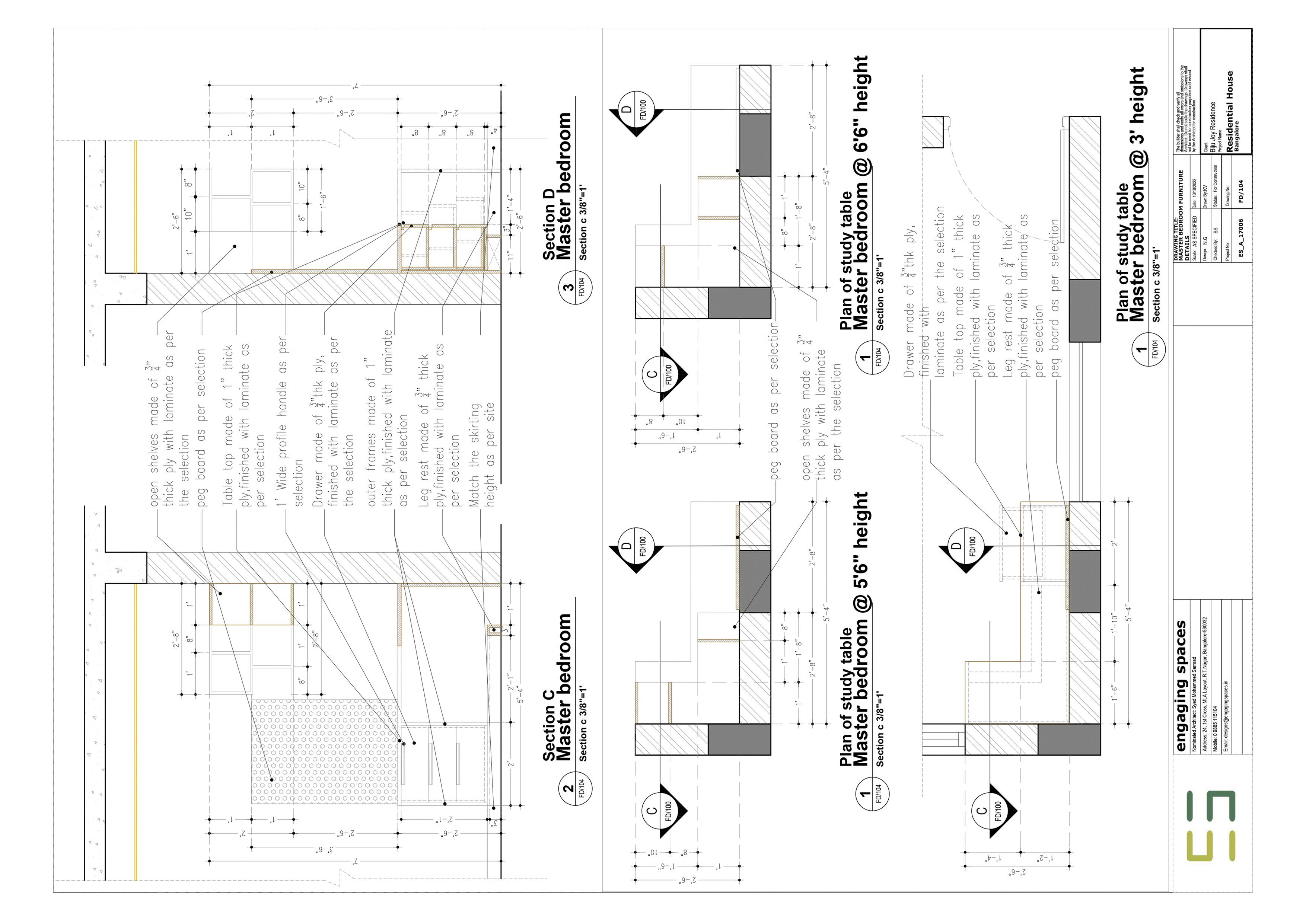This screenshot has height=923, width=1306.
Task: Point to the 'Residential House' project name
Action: tap(1230, 111)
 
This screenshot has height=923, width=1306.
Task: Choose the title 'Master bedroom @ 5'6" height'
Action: tap(862, 628)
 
